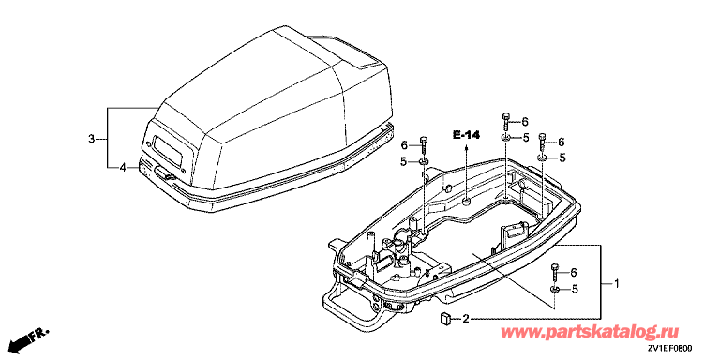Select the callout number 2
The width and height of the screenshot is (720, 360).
(x=466, y=318)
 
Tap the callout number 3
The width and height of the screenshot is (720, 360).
(x=91, y=138)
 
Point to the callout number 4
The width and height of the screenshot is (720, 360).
(x=122, y=168)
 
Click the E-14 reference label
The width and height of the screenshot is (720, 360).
(x=466, y=135)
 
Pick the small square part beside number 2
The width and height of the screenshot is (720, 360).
(x=445, y=318)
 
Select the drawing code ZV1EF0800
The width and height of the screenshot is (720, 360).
(x=671, y=349)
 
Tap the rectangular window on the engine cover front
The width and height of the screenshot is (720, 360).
(x=165, y=153)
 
